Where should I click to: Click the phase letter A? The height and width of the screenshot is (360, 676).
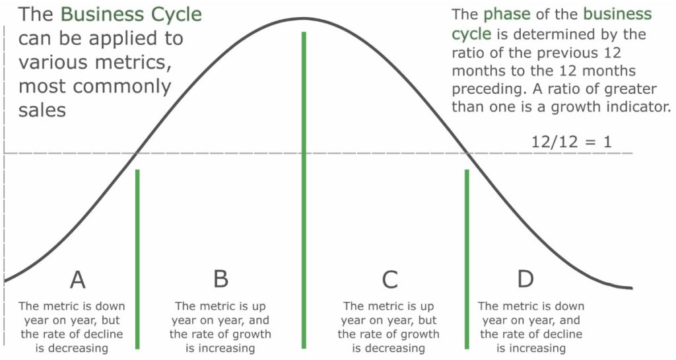click(x=78, y=279)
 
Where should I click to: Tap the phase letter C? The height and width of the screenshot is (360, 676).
click(x=389, y=279)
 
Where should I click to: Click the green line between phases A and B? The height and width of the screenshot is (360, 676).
click(x=137, y=259)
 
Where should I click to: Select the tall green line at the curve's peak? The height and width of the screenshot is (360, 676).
click(x=304, y=190)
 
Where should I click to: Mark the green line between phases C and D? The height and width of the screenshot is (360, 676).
click(x=467, y=259)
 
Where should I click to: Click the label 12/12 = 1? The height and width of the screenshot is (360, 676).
click(x=571, y=142)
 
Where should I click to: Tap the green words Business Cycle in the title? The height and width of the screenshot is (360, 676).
click(x=131, y=15)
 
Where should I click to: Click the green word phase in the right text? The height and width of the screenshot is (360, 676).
click(x=507, y=15)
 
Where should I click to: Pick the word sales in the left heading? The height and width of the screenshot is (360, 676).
click(x=42, y=110)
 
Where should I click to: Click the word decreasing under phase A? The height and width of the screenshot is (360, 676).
click(x=71, y=348)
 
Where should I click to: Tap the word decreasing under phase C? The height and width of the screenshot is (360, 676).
click(x=388, y=348)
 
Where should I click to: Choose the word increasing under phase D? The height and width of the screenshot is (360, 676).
click(x=531, y=348)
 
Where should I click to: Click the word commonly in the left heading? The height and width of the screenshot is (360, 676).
click(x=121, y=87)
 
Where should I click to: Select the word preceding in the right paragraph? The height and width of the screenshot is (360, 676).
click(x=489, y=89)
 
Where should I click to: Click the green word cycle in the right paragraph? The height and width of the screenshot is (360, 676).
click(x=471, y=34)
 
